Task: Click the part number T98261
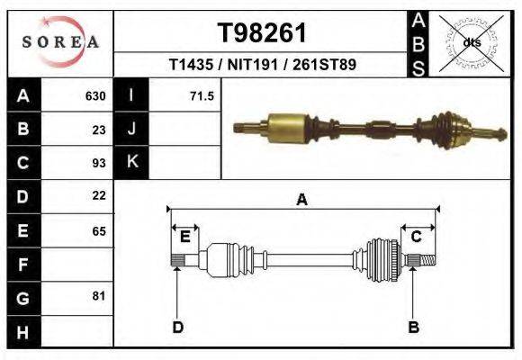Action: point(262,33)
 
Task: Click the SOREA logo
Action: point(60,41)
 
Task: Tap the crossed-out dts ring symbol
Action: point(471,42)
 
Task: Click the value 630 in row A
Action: point(95,95)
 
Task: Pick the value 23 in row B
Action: point(99,129)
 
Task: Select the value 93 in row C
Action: point(99,163)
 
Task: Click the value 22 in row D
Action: point(99,195)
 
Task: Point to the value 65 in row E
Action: point(99,230)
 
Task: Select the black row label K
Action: point(131,162)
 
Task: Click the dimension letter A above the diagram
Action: point(301,200)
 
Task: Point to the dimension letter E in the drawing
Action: point(184,237)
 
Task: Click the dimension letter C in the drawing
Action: point(417,237)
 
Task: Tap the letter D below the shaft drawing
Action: point(177,327)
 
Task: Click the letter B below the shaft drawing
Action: point(414,327)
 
